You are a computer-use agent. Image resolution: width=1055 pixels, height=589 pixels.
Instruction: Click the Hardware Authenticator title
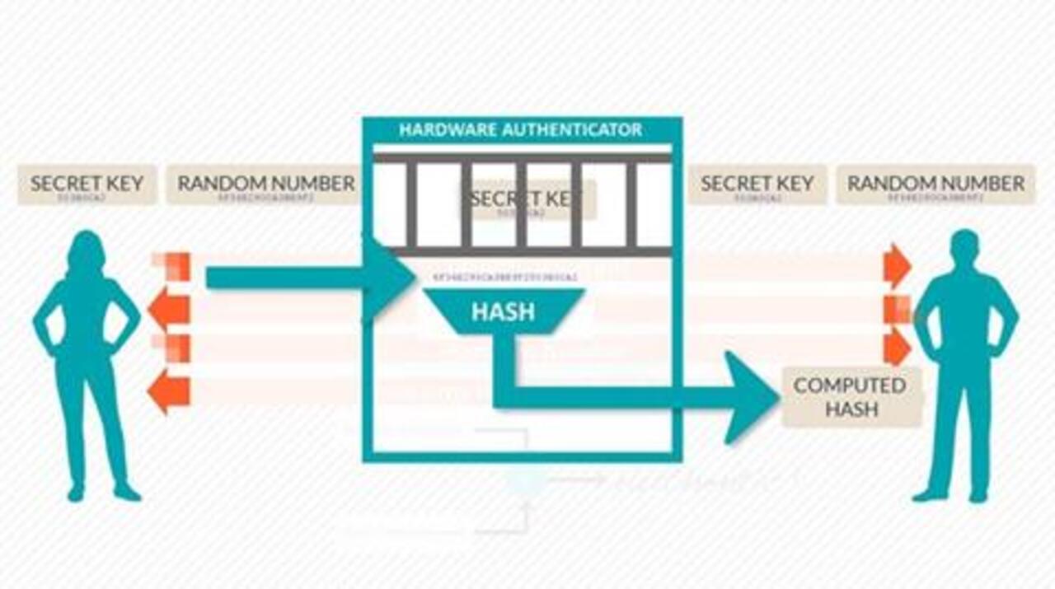tap(520, 130)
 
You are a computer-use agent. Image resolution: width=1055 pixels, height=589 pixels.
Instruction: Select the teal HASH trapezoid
tap(502, 312)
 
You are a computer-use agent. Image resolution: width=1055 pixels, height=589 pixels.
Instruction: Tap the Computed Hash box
tap(851, 397)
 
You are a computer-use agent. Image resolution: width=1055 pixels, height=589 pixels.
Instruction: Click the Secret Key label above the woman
tap(87, 184)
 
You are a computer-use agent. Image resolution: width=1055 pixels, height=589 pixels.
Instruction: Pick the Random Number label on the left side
tap(265, 184)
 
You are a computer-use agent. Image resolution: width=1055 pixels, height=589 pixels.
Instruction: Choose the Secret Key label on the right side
tap(757, 184)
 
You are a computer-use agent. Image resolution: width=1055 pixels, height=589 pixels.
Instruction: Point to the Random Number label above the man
tap(935, 184)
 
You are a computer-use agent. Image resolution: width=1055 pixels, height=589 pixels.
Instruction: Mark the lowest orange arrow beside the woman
tap(168, 390)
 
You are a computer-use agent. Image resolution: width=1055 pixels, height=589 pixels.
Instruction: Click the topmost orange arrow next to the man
tap(897, 266)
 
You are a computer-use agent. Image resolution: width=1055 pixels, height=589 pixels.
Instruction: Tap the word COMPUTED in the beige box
tap(849, 386)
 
